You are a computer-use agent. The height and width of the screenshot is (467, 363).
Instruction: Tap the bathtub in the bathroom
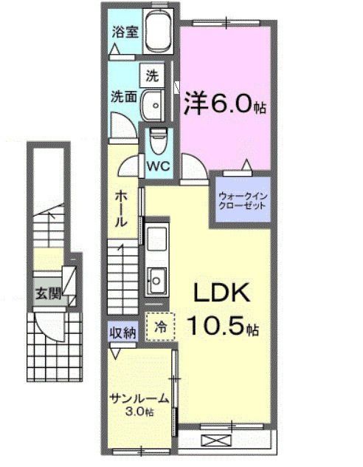[157, 34]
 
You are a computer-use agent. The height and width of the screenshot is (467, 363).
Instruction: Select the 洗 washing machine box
[152, 75]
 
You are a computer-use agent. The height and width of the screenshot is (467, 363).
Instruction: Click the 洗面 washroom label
[122, 97]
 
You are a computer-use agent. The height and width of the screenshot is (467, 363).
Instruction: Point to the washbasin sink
[153, 104]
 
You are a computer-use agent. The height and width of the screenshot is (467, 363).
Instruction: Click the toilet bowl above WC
[158, 137]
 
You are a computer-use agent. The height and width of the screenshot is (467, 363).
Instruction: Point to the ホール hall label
[122, 211]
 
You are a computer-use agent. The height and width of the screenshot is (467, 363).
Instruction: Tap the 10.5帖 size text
[221, 324]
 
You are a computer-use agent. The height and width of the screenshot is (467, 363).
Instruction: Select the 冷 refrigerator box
[159, 323]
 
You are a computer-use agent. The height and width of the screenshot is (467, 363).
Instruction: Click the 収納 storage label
[123, 333]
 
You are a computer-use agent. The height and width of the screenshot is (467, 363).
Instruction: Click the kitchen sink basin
[156, 279]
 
